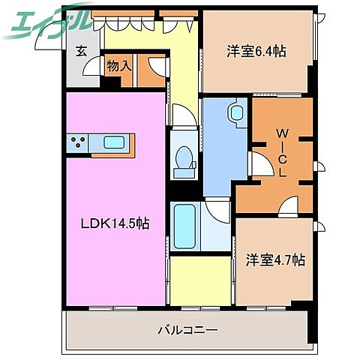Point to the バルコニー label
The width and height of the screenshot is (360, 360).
tap(187, 329)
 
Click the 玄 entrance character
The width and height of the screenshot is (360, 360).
tap(80, 52)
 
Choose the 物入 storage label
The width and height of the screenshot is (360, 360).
tap(119, 66)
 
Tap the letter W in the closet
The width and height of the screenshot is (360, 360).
tap(282, 134)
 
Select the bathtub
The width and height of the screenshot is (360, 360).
tap(184, 225)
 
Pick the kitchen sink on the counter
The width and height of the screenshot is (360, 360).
tap(115, 142)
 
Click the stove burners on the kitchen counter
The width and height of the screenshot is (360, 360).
tap(78, 142)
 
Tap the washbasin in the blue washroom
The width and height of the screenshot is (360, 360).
tap(237, 113)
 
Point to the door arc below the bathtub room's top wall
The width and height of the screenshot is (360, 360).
tap(217, 210)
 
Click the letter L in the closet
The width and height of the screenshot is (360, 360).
tap(282, 172)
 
